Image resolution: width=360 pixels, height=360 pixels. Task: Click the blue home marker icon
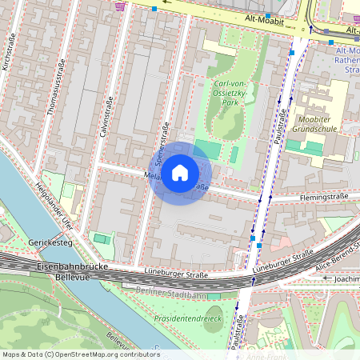[180, 173]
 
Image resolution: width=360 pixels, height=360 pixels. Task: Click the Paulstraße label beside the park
[282, 128]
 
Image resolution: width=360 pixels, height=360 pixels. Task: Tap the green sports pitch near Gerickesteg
[102, 238]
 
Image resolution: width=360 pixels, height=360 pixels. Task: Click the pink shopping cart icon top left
[121, 6]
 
